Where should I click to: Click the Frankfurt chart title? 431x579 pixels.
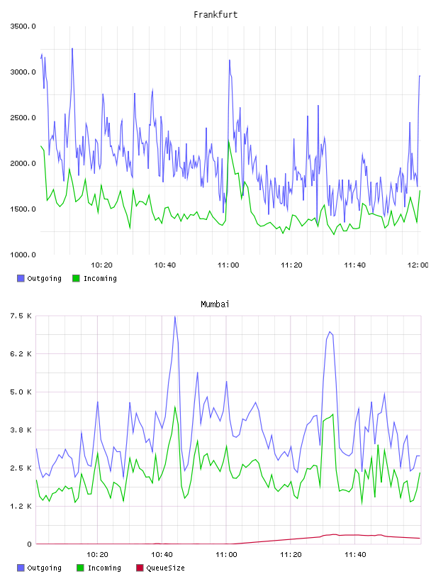click(x=216, y=14)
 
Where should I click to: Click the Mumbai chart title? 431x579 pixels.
click(x=215, y=304)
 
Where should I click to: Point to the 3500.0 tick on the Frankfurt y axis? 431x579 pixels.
click(x=23, y=26)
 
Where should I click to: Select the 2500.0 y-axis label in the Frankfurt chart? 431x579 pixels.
click(x=23, y=118)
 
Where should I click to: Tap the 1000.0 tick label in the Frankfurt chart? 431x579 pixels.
click(x=23, y=255)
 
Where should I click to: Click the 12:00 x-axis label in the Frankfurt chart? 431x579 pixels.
click(x=418, y=265)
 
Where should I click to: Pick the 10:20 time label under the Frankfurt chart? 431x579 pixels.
click(x=101, y=265)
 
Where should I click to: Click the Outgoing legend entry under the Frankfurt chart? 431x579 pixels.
click(x=40, y=278)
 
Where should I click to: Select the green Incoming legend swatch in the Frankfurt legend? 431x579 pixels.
click(x=76, y=278)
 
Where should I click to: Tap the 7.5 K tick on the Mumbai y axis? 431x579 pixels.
click(x=21, y=316)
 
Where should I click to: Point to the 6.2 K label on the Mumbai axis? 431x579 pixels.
click(x=21, y=354)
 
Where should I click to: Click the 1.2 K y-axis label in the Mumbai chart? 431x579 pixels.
click(x=21, y=506)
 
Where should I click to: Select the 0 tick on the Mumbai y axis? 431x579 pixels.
click(x=29, y=544)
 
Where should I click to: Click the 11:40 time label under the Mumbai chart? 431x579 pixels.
click(x=355, y=555)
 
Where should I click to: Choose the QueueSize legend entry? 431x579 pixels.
click(x=160, y=568)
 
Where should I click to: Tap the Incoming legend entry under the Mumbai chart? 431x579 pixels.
click(x=99, y=568)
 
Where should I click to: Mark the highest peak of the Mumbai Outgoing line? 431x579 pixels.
click(x=175, y=316)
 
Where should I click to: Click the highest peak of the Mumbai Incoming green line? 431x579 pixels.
click(x=175, y=407)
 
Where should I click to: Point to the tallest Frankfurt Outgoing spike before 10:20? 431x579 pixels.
click(x=72, y=48)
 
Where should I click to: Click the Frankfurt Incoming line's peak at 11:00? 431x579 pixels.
click(x=228, y=140)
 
